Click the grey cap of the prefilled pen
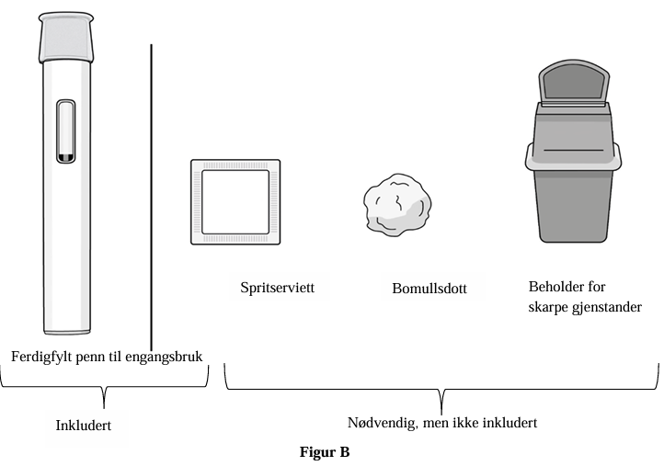66,38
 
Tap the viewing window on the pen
66,131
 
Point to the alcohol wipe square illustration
235,202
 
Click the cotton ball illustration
397,204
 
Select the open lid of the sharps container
574,83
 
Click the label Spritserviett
278,288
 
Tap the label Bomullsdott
429,289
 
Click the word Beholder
555,287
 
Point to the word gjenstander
607,307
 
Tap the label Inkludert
84,426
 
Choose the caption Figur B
325,452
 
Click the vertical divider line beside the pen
151,198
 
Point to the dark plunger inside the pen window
66,157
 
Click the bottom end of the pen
66,332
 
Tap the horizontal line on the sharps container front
573,150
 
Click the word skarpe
548,307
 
